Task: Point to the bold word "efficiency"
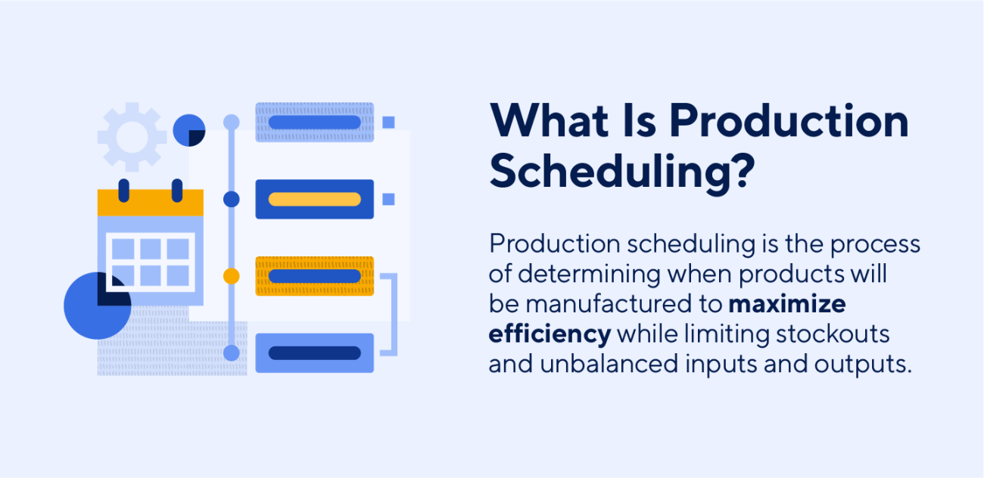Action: pyautogui.click(x=550, y=334)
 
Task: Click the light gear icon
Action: pyautogui.click(x=132, y=137)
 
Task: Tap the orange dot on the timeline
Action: pyautogui.click(x=232, y=276)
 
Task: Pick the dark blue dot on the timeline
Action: pyautogui.click(x=232, y=199)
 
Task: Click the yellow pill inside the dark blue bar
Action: pyautogui.click(x=315, y=200)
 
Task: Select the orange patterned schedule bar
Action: pyautogui.click(x=315, y=276)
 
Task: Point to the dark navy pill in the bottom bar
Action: pyautogui.click(x=315, y=353)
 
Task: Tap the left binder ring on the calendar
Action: pyautogui.click(x=123, y=190)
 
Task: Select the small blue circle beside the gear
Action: pyautogui.click(x=189, y=130)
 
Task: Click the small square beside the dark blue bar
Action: pyautogui.click(x=389, y=199)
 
